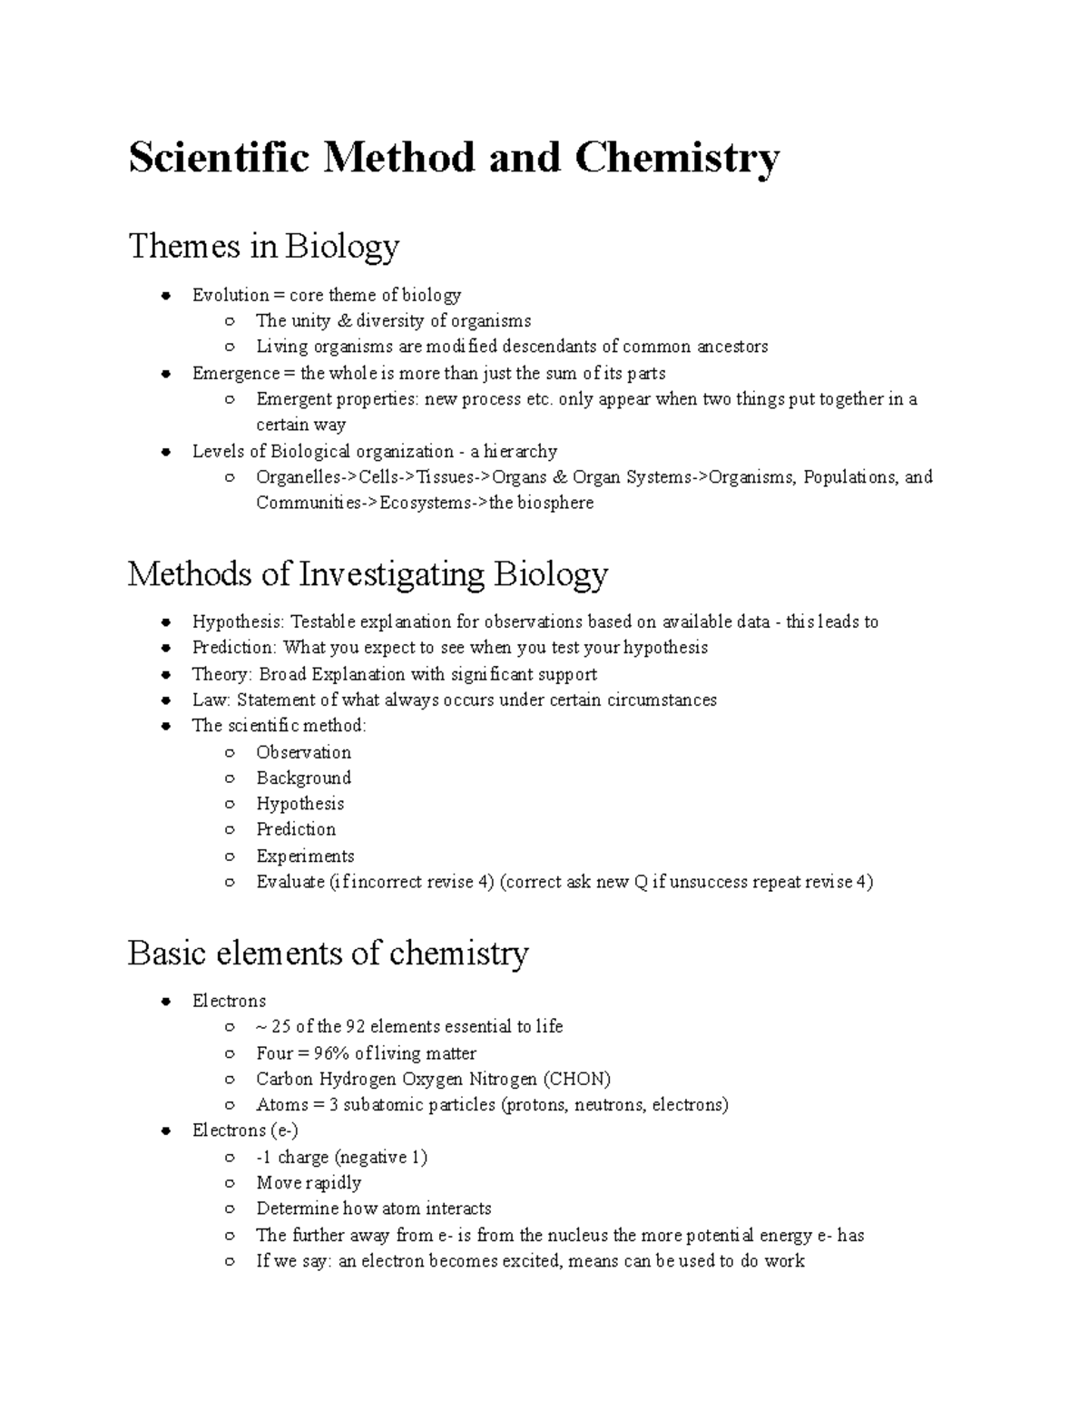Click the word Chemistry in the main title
(676, 158)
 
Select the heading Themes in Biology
(263, 246)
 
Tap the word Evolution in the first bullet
(231, 295)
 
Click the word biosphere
(555, 503)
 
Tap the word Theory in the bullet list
(221, 674)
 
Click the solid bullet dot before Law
(165, 700)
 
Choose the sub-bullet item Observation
(303, 752)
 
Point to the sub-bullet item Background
(303, 778)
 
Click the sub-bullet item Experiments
(305, 856)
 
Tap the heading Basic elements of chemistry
(328, 954)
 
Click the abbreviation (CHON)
(576, 1079)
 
